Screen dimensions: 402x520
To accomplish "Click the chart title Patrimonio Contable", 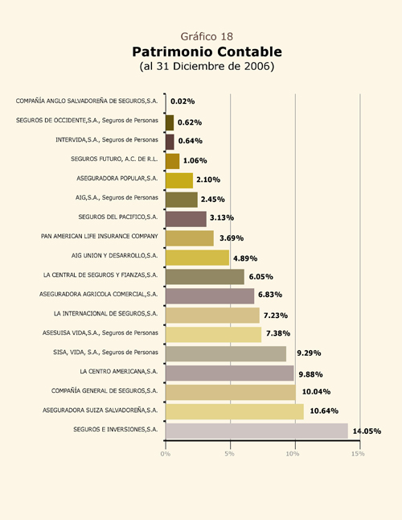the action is pos(207,52).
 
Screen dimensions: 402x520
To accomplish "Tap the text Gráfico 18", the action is pos(207,36).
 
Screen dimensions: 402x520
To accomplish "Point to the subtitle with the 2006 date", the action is pos(207,66).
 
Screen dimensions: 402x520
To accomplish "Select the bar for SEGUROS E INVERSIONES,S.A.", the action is pos(256,431).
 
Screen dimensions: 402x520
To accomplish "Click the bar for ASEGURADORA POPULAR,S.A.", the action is pos(179,180).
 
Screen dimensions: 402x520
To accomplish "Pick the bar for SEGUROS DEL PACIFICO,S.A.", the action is pos(186,219).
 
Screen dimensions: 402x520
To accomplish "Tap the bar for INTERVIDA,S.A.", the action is pos(170,142).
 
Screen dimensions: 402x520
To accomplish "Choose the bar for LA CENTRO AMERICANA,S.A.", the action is pos(229,373).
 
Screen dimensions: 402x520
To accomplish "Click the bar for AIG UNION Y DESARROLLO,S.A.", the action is pos(197,258).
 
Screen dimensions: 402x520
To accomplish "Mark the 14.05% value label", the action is pos(367,431).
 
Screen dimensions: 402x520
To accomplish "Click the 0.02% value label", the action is pos(183,101).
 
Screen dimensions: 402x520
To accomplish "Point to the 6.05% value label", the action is pos(261,277).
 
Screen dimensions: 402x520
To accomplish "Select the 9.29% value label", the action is pos(309,353).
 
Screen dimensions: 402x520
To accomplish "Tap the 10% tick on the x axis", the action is pos(293,454).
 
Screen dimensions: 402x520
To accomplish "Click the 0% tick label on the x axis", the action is pos(166,454).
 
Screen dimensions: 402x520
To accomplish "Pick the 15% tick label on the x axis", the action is pos(358,454).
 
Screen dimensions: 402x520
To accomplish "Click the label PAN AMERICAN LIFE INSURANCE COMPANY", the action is pos(100,236).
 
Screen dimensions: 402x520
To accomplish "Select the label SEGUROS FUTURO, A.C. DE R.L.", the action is pos(114,159).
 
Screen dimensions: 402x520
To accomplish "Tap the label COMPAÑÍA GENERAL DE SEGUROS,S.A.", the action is pos(105,390).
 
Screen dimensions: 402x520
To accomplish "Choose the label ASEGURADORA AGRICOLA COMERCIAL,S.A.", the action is pos(98,294).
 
